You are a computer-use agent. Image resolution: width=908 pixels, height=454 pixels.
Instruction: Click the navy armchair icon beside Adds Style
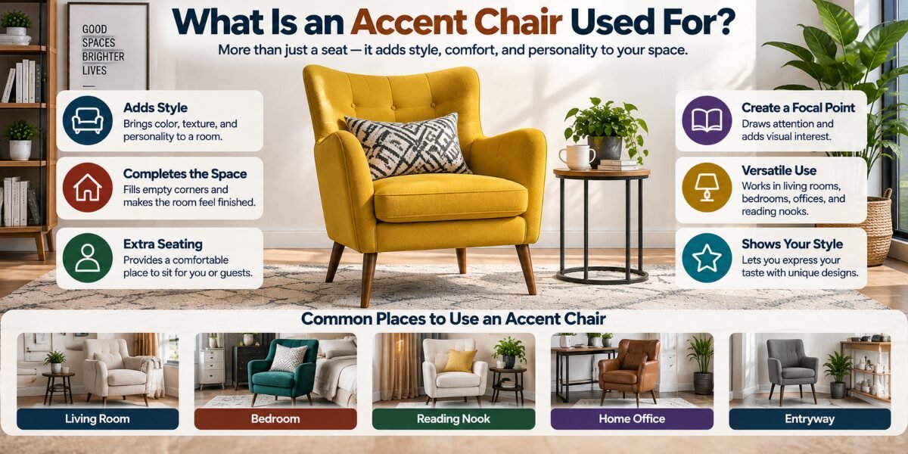coord(88,120)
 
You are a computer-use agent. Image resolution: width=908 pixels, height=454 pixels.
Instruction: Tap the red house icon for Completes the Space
coord(88,188)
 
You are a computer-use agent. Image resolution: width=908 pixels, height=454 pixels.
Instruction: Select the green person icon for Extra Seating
coord(88,258)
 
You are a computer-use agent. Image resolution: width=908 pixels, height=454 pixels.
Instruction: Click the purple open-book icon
coord(707,120)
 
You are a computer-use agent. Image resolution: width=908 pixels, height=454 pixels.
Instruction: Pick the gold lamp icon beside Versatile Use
coord(707,188)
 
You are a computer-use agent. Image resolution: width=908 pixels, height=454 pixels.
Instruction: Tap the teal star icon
coord(707,258)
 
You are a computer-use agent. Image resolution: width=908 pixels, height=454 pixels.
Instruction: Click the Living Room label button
coord(98,418)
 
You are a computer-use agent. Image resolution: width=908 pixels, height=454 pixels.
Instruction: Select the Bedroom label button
coord(275,418)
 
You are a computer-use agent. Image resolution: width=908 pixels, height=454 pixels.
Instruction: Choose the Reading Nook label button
coord(453,418)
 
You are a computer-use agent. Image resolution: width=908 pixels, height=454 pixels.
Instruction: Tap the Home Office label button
coord(632,418)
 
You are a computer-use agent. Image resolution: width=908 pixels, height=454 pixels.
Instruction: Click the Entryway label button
coord(810,418)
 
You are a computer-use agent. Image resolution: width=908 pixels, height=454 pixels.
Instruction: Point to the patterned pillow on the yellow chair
coord(407,145)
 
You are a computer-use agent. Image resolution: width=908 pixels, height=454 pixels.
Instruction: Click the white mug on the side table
coord(577,157)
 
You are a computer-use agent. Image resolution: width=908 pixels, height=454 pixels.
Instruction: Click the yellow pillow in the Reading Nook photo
coord(460,360)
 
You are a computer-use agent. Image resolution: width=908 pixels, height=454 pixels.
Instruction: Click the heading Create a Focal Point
coord(798,107)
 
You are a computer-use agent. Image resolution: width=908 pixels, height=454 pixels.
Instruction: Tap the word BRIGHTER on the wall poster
coord(103,56)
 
